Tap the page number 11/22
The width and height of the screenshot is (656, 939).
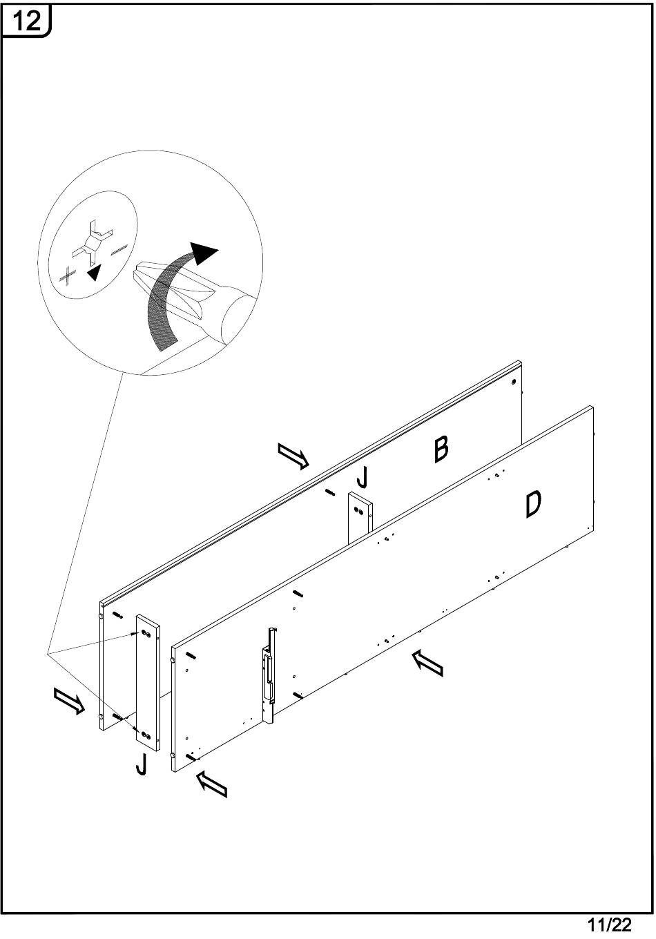608,925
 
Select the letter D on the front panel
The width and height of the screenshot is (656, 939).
532,504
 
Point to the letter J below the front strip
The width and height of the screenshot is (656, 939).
141,764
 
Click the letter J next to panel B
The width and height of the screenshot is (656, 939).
363,477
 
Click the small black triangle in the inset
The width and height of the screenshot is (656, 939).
94,273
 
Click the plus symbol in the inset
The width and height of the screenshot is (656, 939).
68,275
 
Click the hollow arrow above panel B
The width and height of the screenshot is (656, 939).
293,456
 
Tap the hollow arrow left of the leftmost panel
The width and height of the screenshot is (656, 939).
70,701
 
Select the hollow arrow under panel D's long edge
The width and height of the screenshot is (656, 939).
427,664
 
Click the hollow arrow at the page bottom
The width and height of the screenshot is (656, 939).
212,784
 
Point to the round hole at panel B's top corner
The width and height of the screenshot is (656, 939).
514,381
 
